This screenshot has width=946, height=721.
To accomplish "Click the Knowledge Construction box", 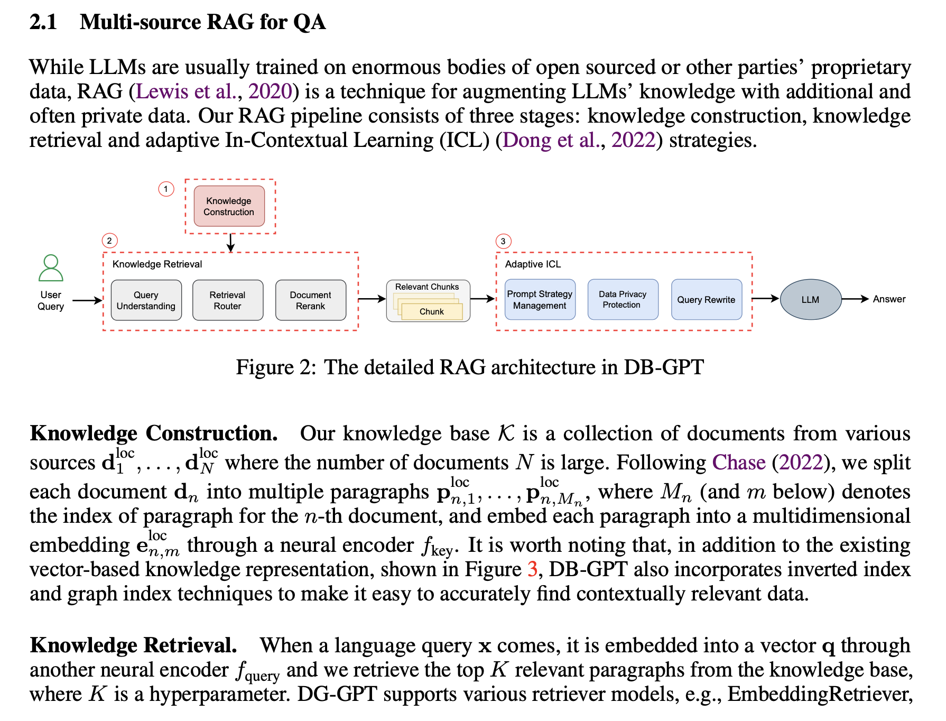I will point(229,206).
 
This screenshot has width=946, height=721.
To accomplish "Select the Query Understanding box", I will point(146,300).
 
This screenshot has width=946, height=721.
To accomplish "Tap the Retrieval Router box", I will point(227,300).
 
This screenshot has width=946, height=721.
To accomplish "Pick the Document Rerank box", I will point(310,300).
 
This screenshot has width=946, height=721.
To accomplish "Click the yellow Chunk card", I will point(432,311).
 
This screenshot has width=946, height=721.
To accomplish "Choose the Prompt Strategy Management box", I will point(540,300).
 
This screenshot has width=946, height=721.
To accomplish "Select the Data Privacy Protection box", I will point(623,300).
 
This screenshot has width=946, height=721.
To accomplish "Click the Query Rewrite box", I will point(706,300).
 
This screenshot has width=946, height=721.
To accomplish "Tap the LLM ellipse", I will point(810,300).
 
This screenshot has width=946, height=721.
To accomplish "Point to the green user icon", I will point(51,268).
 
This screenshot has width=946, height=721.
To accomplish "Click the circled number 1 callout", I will point(166,189).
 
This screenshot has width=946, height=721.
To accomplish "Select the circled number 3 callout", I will point(503,241).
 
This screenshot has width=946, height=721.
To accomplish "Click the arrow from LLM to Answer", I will point(855,299).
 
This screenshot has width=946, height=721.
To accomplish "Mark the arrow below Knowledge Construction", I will point(230,243).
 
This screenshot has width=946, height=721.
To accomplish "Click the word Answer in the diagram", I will point(889,299).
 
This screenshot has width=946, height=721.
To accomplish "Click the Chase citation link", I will point(738,463).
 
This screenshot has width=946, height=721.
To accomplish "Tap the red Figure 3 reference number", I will point(532,569).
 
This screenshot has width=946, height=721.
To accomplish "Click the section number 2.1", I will point(43,22).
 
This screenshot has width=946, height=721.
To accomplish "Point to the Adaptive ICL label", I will point(533,264).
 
